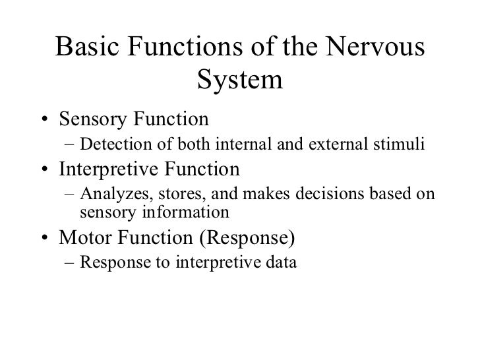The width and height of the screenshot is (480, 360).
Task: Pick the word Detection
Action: coord(109,144)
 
